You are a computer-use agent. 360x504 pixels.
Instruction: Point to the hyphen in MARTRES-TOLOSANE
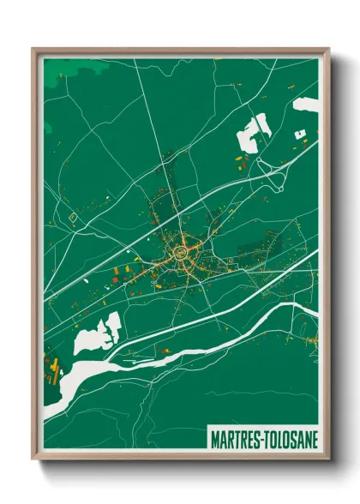(x=260, y=439)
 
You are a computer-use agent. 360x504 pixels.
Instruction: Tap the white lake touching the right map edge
(x=307, y=105)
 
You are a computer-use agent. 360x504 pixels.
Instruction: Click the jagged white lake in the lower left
(x=97, y=334)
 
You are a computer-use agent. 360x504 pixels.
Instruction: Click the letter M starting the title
(x=213, y=439)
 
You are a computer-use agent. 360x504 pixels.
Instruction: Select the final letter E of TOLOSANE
(x=314, y=439)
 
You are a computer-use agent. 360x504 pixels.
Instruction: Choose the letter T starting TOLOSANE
(x=265, y=439)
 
